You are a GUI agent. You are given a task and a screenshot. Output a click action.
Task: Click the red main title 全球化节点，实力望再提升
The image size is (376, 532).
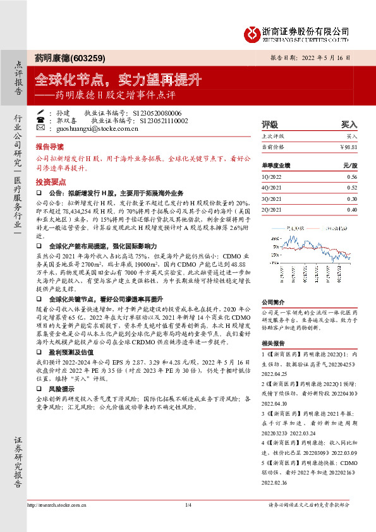coord(118,80)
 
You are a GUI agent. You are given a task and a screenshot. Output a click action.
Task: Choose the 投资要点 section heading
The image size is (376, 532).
coord(50,180)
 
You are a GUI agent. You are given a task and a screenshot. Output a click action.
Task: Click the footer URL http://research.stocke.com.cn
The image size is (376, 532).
coord(59,505)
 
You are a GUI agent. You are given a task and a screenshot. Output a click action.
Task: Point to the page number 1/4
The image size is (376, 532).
coord(188,505)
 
